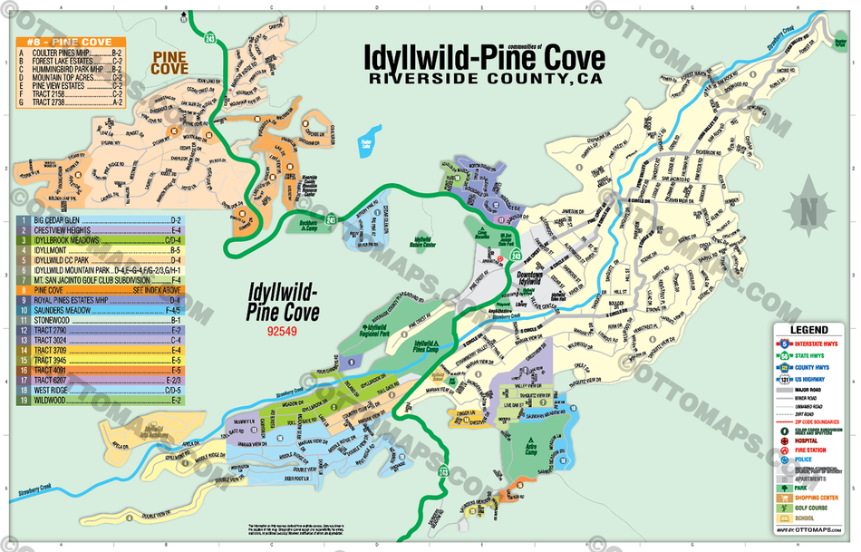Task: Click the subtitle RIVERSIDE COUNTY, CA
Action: tap(484, 79)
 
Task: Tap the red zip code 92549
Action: tap(284, 332)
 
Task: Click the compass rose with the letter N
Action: tap(804, 210)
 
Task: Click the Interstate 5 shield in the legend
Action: tap(785, 344)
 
